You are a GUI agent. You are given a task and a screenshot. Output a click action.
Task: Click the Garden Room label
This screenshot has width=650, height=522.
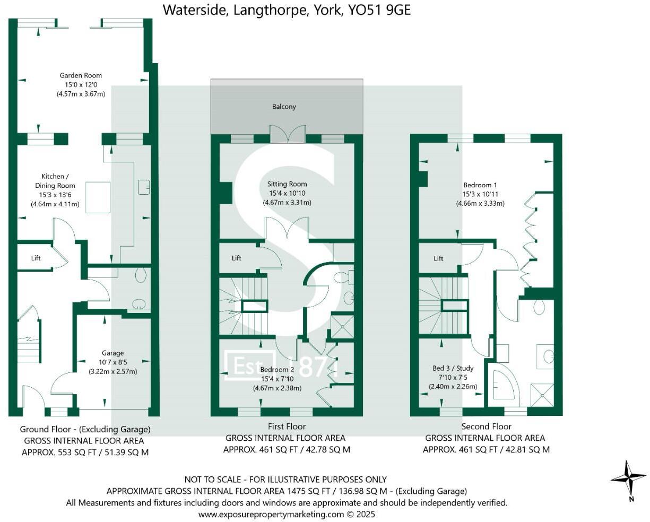pos(81,76)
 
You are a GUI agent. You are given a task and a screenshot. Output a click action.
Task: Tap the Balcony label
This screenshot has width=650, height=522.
pos(284,107)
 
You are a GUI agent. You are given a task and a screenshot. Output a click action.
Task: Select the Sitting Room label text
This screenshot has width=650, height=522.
pos(287,185)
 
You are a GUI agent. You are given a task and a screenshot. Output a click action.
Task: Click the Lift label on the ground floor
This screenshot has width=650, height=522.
pos(36,258)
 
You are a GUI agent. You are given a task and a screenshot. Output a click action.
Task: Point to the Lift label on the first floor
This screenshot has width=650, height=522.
pos(236,258)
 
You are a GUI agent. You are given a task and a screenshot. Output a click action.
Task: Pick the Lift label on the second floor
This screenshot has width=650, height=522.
pos(438,258)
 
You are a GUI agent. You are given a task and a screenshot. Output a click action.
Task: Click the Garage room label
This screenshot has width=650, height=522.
pos(112,353)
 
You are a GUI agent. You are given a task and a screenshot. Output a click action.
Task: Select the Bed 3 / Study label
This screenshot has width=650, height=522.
pos(453,368)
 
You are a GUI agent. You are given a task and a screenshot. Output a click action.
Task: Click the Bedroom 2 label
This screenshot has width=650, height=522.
pos(277,370)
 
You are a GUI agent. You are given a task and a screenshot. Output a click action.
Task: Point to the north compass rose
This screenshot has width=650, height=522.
pos(628,479)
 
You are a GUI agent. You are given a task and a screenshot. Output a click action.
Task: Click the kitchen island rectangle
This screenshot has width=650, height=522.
pos(98,197)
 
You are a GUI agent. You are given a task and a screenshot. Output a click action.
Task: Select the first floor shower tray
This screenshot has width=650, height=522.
pos(342,326)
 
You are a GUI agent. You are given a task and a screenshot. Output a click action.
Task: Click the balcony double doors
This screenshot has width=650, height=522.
pos(287,134)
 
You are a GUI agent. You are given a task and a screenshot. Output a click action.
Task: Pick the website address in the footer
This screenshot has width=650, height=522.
pos(287,514)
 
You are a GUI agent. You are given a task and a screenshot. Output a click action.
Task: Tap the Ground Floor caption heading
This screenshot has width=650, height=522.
pos(85,429)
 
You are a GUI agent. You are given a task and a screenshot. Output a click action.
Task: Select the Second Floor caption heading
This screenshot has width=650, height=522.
pos(486,427)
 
